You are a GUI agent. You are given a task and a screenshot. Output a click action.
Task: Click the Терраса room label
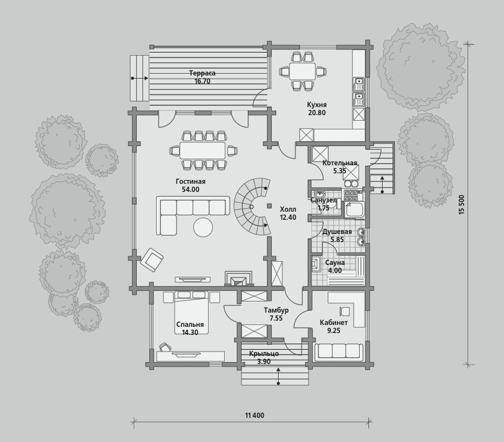(202, 73)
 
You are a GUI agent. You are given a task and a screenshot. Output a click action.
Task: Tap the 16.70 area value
(202, 81)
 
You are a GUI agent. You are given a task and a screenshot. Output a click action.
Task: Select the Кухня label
(316, 105)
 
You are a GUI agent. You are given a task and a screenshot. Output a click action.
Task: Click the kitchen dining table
(302, 71)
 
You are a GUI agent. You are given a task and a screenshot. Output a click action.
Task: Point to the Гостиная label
(191, 181)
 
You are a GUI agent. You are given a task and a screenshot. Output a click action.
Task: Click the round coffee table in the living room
(203, 227)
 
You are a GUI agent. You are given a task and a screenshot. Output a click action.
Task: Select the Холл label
(288, 210)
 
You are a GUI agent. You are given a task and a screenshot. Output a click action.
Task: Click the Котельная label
(340, 163)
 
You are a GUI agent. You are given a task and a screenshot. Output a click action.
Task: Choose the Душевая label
(337, 232)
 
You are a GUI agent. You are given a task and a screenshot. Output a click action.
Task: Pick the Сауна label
(335, 262)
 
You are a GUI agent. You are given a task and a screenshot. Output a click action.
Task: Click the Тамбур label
(276, 311)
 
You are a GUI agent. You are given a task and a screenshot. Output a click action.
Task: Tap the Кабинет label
(334, 323)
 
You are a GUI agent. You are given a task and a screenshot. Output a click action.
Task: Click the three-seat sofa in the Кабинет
(339, 352)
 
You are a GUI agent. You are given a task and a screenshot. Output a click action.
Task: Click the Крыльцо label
(264, 354)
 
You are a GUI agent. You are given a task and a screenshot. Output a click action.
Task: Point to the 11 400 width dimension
(254, 415)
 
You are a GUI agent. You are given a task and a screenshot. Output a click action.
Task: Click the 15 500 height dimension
(463, 205)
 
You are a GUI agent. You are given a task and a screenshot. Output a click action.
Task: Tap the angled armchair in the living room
(152, 259)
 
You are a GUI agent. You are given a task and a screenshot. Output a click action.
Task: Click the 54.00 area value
(191, 189)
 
